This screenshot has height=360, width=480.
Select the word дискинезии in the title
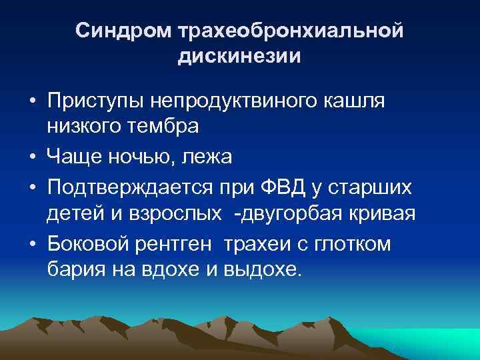click(239, 57)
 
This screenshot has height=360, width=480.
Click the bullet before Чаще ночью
click(32, 158)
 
